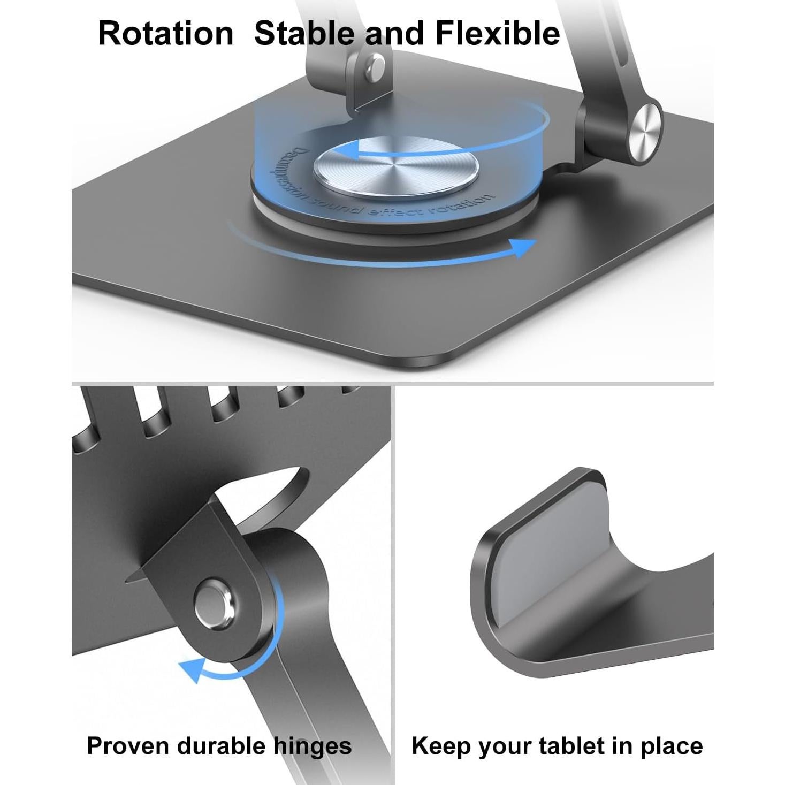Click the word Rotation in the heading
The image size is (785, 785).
point(166,33)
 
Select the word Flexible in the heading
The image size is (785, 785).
point(498,33)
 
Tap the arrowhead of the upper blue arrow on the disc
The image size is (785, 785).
point(348,150)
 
